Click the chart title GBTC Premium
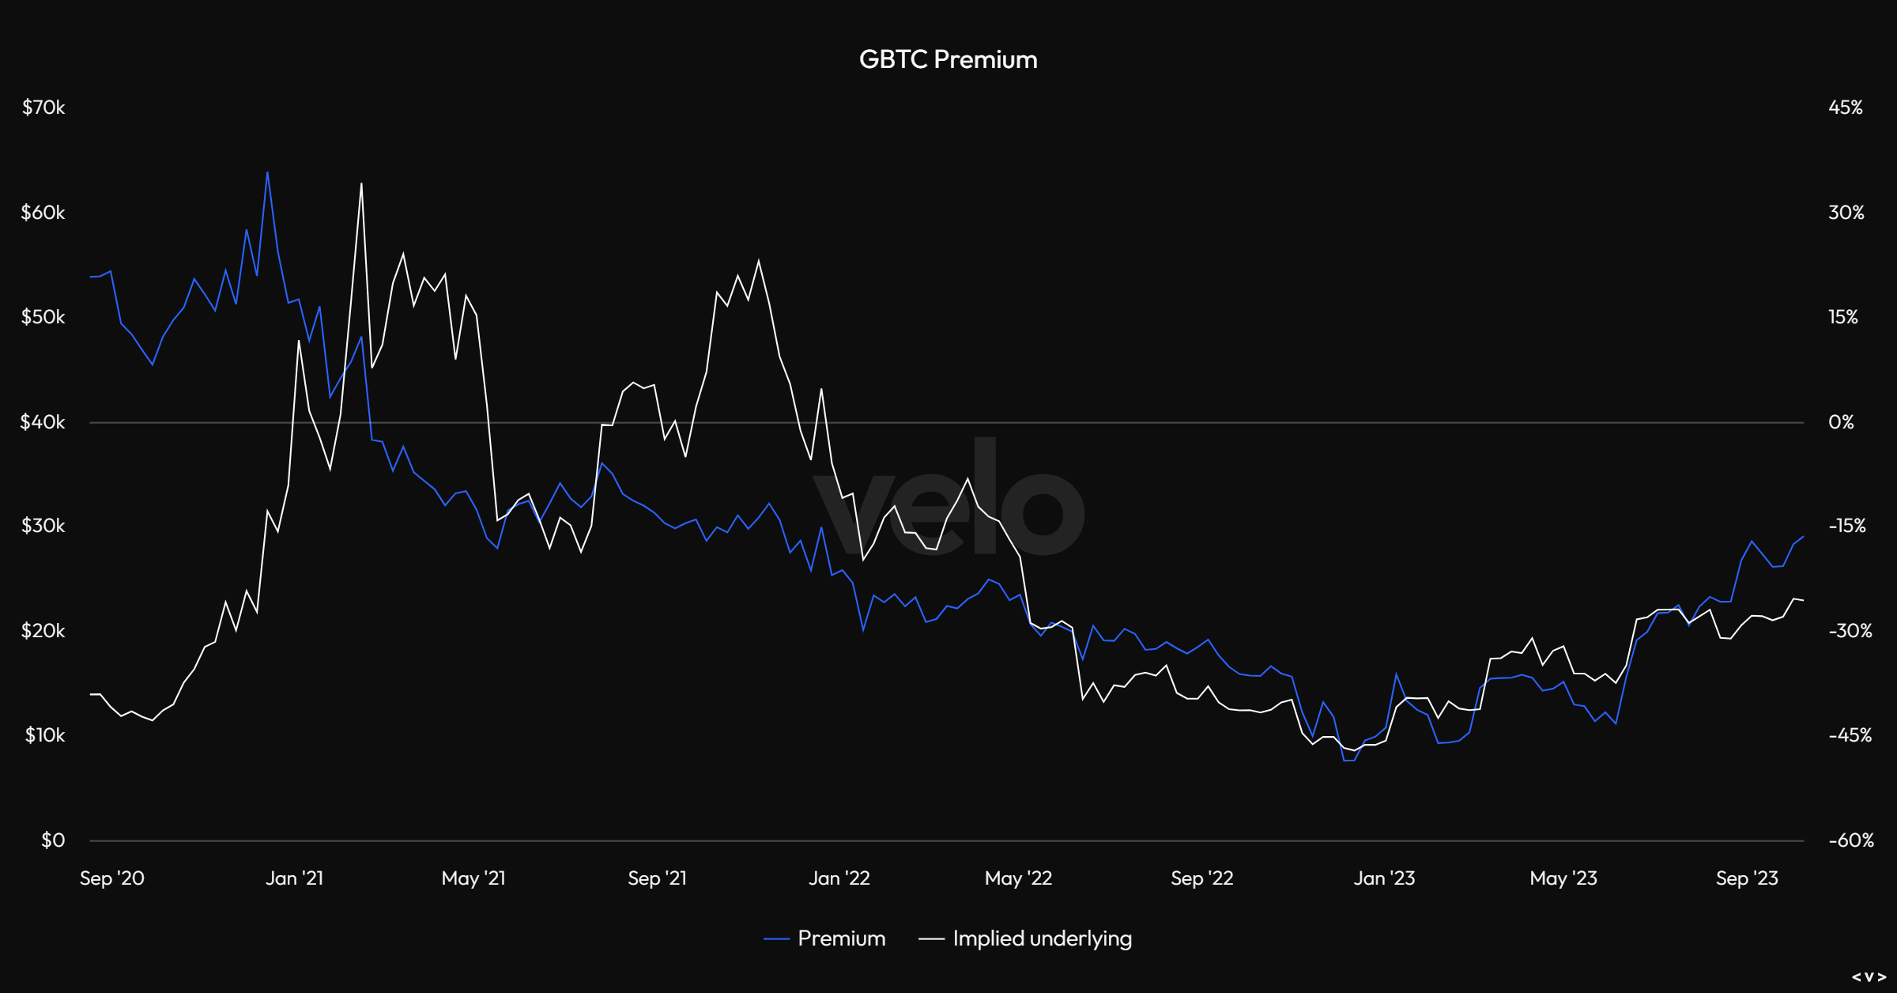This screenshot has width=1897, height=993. coord(948,59)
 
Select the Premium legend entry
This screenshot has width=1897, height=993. coord(841,938)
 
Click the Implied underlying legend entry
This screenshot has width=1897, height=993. coord(1042,938)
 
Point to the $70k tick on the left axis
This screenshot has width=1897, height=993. coord(43,108)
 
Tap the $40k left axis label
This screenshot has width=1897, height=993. coord(43,422)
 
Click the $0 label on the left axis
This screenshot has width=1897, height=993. coord(53,840)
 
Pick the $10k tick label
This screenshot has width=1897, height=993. coord(45,735)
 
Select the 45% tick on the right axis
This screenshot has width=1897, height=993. coord(1846,108)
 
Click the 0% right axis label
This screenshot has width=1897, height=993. coord(1841,422)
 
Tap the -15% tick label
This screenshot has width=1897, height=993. coord(1847,527)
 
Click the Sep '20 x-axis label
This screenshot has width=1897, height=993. coord(112,878)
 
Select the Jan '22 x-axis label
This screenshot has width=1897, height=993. coord(839,878)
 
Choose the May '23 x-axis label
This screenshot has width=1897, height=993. coord(1563,878)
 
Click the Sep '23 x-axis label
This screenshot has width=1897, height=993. coord(1747,878)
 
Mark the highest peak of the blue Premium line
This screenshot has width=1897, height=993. coord(267,172)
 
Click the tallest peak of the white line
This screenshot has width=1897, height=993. coord(361,184)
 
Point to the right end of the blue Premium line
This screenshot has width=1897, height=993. coord(1803,537)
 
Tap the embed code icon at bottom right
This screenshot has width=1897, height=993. coord(1869,977)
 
